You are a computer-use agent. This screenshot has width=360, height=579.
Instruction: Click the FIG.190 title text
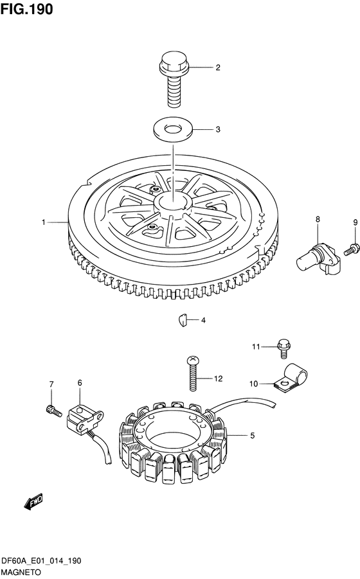pos(26,9)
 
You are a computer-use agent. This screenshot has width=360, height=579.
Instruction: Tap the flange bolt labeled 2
pos(174,80)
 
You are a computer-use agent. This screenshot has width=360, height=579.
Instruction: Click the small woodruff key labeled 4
pos(183,320)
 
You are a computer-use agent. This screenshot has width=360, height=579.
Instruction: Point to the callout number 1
pos(44,222)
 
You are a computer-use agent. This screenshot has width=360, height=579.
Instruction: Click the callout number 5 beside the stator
pos(253,436)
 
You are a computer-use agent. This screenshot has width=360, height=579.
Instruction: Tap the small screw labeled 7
pos(54,410)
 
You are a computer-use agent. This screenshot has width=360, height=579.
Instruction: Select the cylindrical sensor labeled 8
pos(318,259)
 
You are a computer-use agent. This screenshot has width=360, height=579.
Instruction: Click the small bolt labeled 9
pos(351,249)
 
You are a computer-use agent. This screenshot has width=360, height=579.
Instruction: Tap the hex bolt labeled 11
pos(283,348)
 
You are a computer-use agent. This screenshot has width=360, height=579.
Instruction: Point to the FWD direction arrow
pos(33,502)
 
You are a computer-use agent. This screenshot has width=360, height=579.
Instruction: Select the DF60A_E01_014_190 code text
pos(41,561)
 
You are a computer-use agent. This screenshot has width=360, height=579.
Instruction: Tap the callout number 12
pos(218,379)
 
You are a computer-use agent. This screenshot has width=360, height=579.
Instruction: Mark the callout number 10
pos(253,384)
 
